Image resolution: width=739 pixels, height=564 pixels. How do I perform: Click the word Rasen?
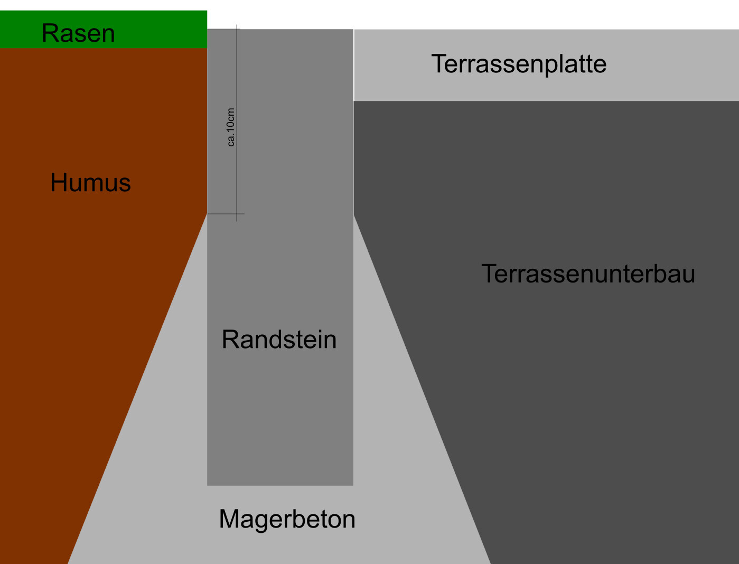(x=78, y=33)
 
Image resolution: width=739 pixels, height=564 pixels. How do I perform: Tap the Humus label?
(x=90, y=183)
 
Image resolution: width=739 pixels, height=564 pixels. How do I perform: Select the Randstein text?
(x=279, y=340)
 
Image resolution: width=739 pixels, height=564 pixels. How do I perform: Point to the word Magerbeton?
(x=287, y=519)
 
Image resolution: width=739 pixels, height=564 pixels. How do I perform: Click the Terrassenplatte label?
(x=519, y=64)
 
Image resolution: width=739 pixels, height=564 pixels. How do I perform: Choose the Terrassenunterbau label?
(x=588, y=274)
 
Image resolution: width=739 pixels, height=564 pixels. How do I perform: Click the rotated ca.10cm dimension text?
(x=231, y=127)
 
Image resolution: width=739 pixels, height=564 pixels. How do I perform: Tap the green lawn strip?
(x=158, y=29)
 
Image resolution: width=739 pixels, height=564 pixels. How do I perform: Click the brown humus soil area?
(x=79, y=317)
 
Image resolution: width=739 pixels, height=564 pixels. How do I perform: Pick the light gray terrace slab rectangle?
(x=660, y=79)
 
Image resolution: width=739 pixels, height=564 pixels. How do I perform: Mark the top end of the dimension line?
(x=237, y=26)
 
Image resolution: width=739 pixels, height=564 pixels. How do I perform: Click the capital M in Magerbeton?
(x=229, y=519)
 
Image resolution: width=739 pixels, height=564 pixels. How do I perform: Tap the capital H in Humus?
(x=58, y=183)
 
